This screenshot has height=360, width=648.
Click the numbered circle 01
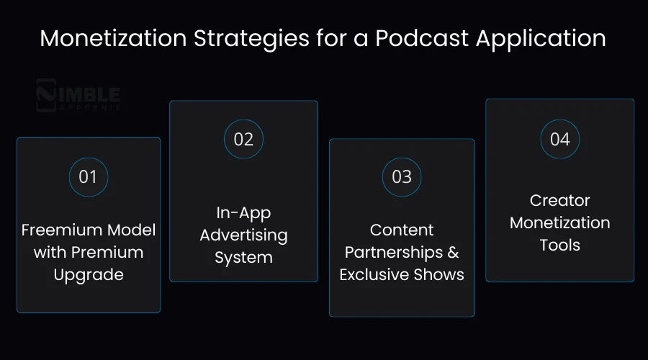click(88, 176)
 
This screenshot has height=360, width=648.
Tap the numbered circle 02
click(243, 139)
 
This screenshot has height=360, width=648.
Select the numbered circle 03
click(402, 176)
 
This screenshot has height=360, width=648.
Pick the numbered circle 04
click(559, 139)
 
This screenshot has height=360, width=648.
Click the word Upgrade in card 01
click(89, 275)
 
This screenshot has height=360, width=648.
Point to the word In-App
click(243, 212)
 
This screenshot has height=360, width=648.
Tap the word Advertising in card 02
click(243, 235)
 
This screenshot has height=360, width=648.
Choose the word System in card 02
click(243, 257)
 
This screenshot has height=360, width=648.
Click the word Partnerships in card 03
click(394, 253)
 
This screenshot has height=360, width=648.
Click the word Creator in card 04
click(559, 200)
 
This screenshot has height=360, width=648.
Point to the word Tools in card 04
click(559, 245)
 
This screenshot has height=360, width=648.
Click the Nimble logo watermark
click(78, 97)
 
